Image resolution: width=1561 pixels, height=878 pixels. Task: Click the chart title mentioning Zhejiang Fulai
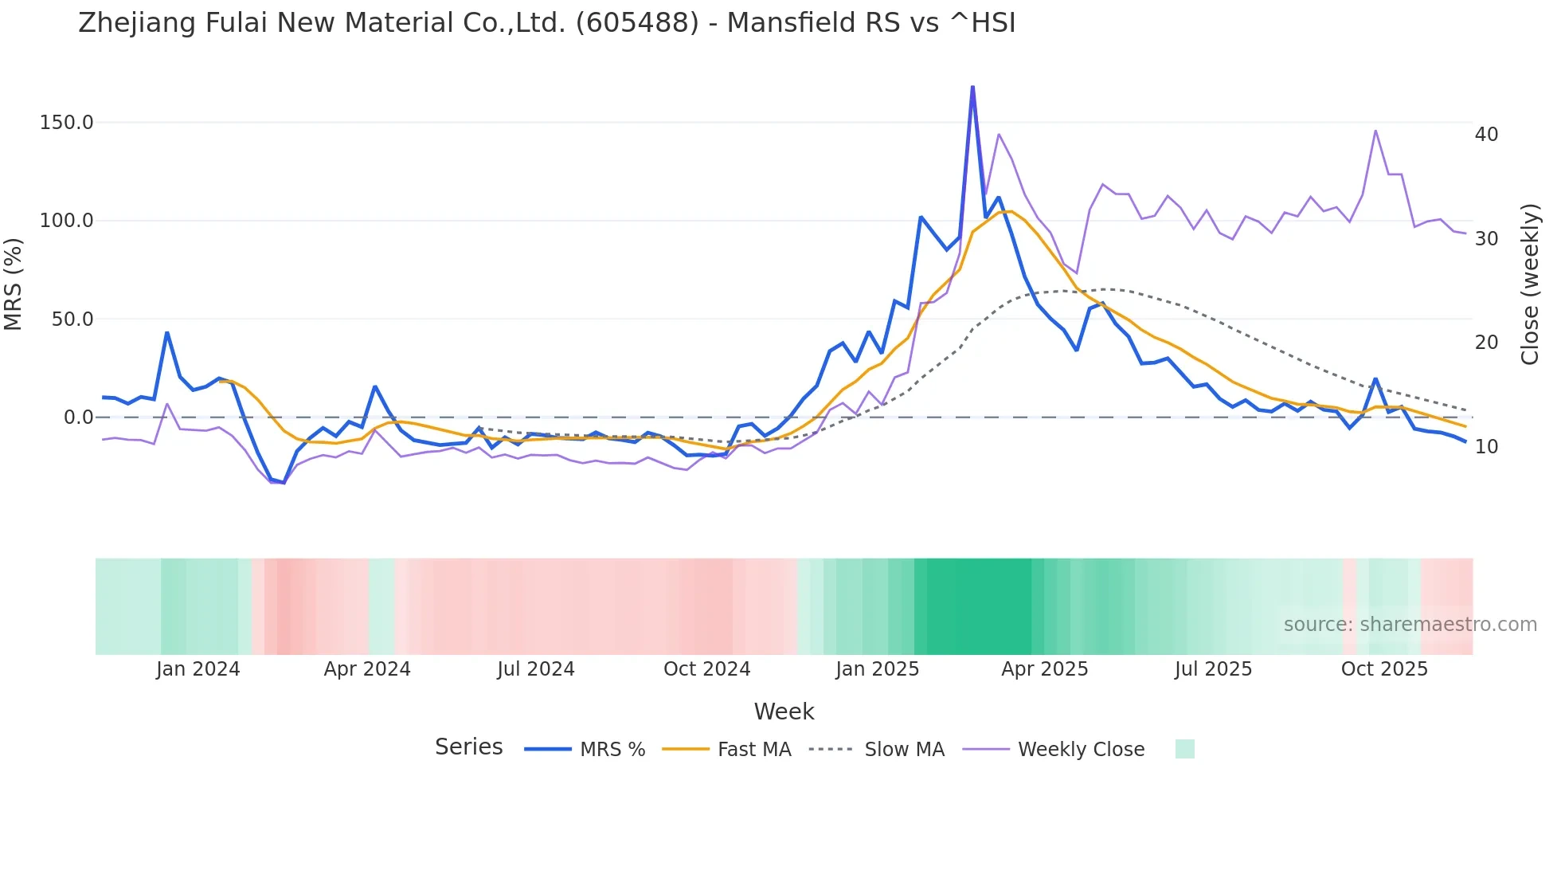tap(546, 23)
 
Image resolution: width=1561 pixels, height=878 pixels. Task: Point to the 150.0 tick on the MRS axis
tap(67, 123)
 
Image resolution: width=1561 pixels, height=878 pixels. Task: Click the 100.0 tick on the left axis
tap(67, 221)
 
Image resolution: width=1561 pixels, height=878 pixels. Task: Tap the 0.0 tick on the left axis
tap(78, 417)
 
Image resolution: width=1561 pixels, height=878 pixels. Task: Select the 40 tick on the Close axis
tap(1486, 135)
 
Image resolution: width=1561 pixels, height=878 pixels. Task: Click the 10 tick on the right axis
tap(1486, 447)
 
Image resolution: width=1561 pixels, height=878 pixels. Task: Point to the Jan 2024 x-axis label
tap(198, 669)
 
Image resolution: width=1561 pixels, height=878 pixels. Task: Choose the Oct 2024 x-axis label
tap(706, 669)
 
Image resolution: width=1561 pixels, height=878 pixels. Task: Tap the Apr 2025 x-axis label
tap(1044, 669)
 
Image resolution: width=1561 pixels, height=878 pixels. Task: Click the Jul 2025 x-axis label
tap(1213, 669)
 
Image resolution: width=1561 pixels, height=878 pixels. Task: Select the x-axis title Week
tap(784, 711)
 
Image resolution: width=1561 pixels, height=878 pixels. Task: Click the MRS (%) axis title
tap(14, 284)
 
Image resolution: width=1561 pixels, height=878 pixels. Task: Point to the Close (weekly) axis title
tap(1530, 284)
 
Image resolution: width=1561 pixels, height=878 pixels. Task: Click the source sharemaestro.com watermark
tap(1410, 625)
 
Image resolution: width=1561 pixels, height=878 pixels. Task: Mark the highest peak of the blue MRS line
tap(972, 87)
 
